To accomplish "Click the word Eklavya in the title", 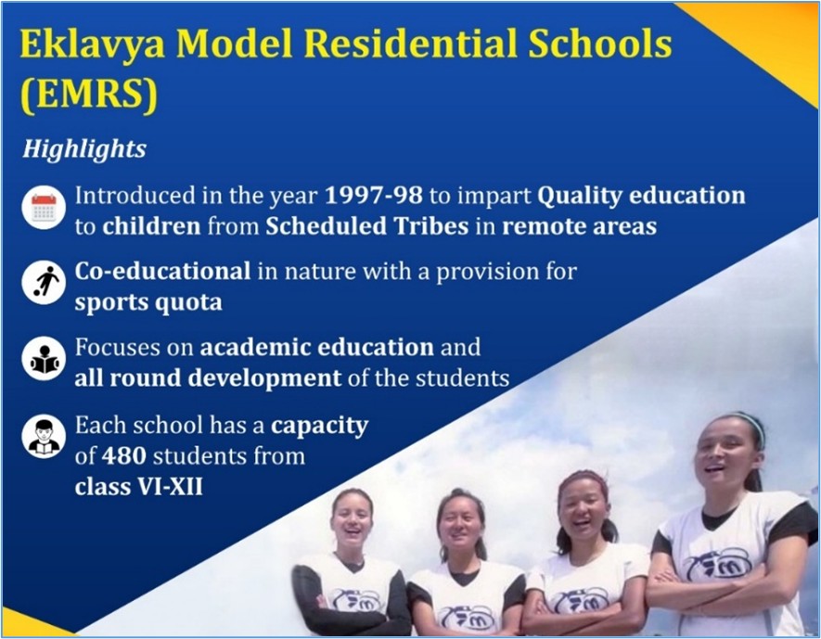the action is (93, 45).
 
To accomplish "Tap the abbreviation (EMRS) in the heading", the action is (89, 95).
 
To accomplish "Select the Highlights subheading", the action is (84, 149).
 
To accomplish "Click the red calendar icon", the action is (44, 207).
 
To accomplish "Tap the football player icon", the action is (44, 283).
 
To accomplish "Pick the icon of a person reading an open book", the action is (44, 359).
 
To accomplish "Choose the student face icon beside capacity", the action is (44, 436).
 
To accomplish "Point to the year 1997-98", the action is (373, 195).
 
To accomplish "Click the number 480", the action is (123, 455).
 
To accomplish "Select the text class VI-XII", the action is (138, 487).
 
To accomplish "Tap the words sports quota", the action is (148, 303).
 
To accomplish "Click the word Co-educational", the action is (162, 271).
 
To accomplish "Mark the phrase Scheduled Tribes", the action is (366, 226).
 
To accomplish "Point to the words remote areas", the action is (579, 226).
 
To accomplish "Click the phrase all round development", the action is (208, 377).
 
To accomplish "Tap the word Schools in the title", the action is (600, 45).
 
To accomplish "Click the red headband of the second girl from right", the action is (583, 479).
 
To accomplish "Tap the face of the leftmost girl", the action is (353, 518).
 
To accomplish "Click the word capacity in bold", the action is (319, 427).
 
